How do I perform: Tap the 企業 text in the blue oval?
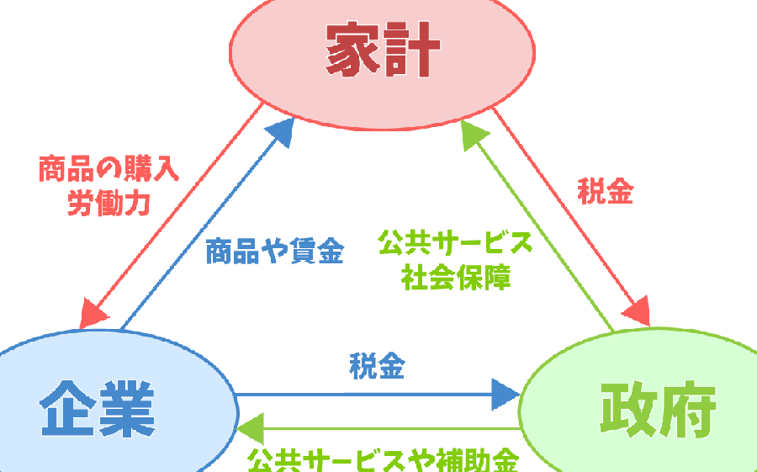[97, 408]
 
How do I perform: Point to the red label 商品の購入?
[109, 171]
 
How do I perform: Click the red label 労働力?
[109, 204]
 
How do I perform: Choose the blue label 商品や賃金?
[274, 251]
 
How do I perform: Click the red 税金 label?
[605, 192]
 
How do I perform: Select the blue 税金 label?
[377, 367]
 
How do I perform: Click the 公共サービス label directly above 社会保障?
[455, 244]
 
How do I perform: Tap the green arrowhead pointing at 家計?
[475, 135]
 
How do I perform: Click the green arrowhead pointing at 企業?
[250, 429]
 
